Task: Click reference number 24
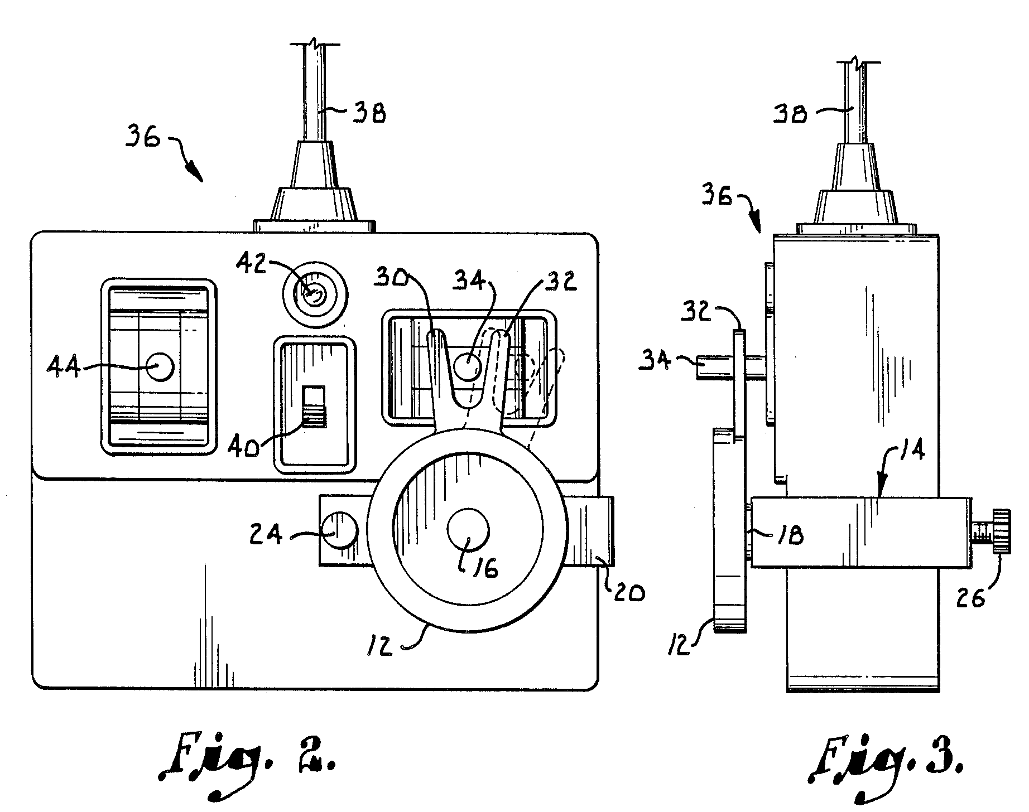coord(269,536)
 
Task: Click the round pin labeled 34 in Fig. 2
coord(468,367)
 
